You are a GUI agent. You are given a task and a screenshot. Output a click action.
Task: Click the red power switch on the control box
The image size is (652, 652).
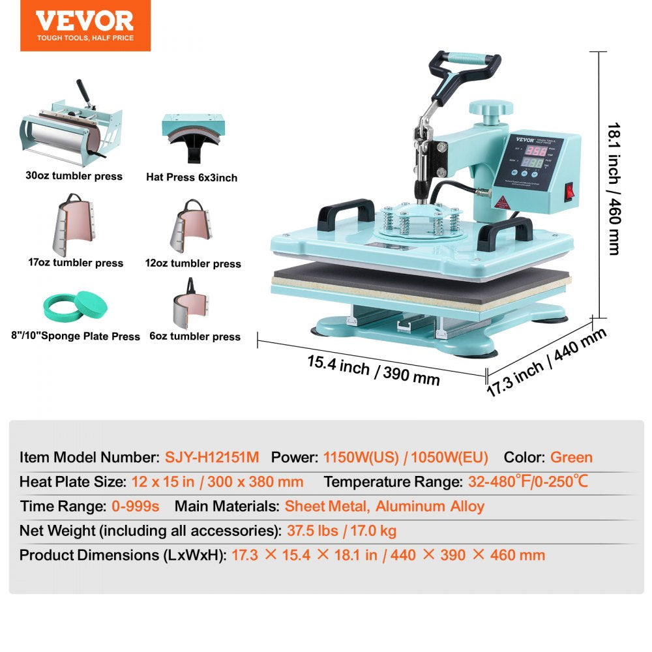pyautogui.click(x=571, y=192)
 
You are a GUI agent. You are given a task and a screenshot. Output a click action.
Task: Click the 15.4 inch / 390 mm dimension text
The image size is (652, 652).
pyautogui.click(x=373, y=370)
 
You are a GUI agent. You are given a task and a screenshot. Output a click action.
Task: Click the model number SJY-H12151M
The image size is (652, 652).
pyautogui.click(x=211, y=457)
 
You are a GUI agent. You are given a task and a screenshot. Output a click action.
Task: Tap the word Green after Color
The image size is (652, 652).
pyautogui.click(x=571, y=457)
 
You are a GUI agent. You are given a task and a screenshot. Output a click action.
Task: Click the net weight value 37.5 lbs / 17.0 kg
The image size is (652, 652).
pyautogui.click(x=342, y=531)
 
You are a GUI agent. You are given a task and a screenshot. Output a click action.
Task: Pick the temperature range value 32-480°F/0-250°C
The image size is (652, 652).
pyautogui.click(x=528, y=482)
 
